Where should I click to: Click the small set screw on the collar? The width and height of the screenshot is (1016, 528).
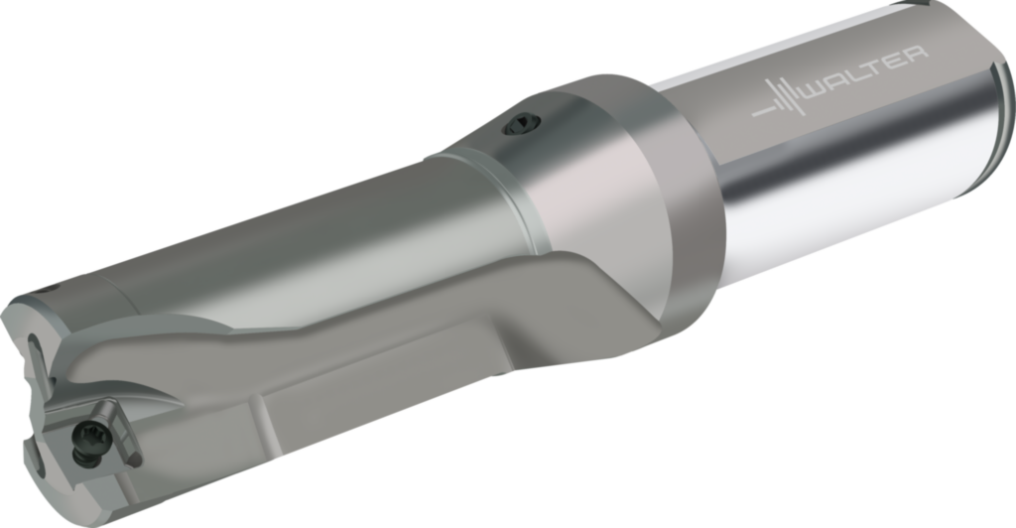[520, 124]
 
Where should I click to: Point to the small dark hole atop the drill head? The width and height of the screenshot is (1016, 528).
[44, 290]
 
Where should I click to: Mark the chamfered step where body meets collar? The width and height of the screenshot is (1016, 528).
[516, 198]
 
